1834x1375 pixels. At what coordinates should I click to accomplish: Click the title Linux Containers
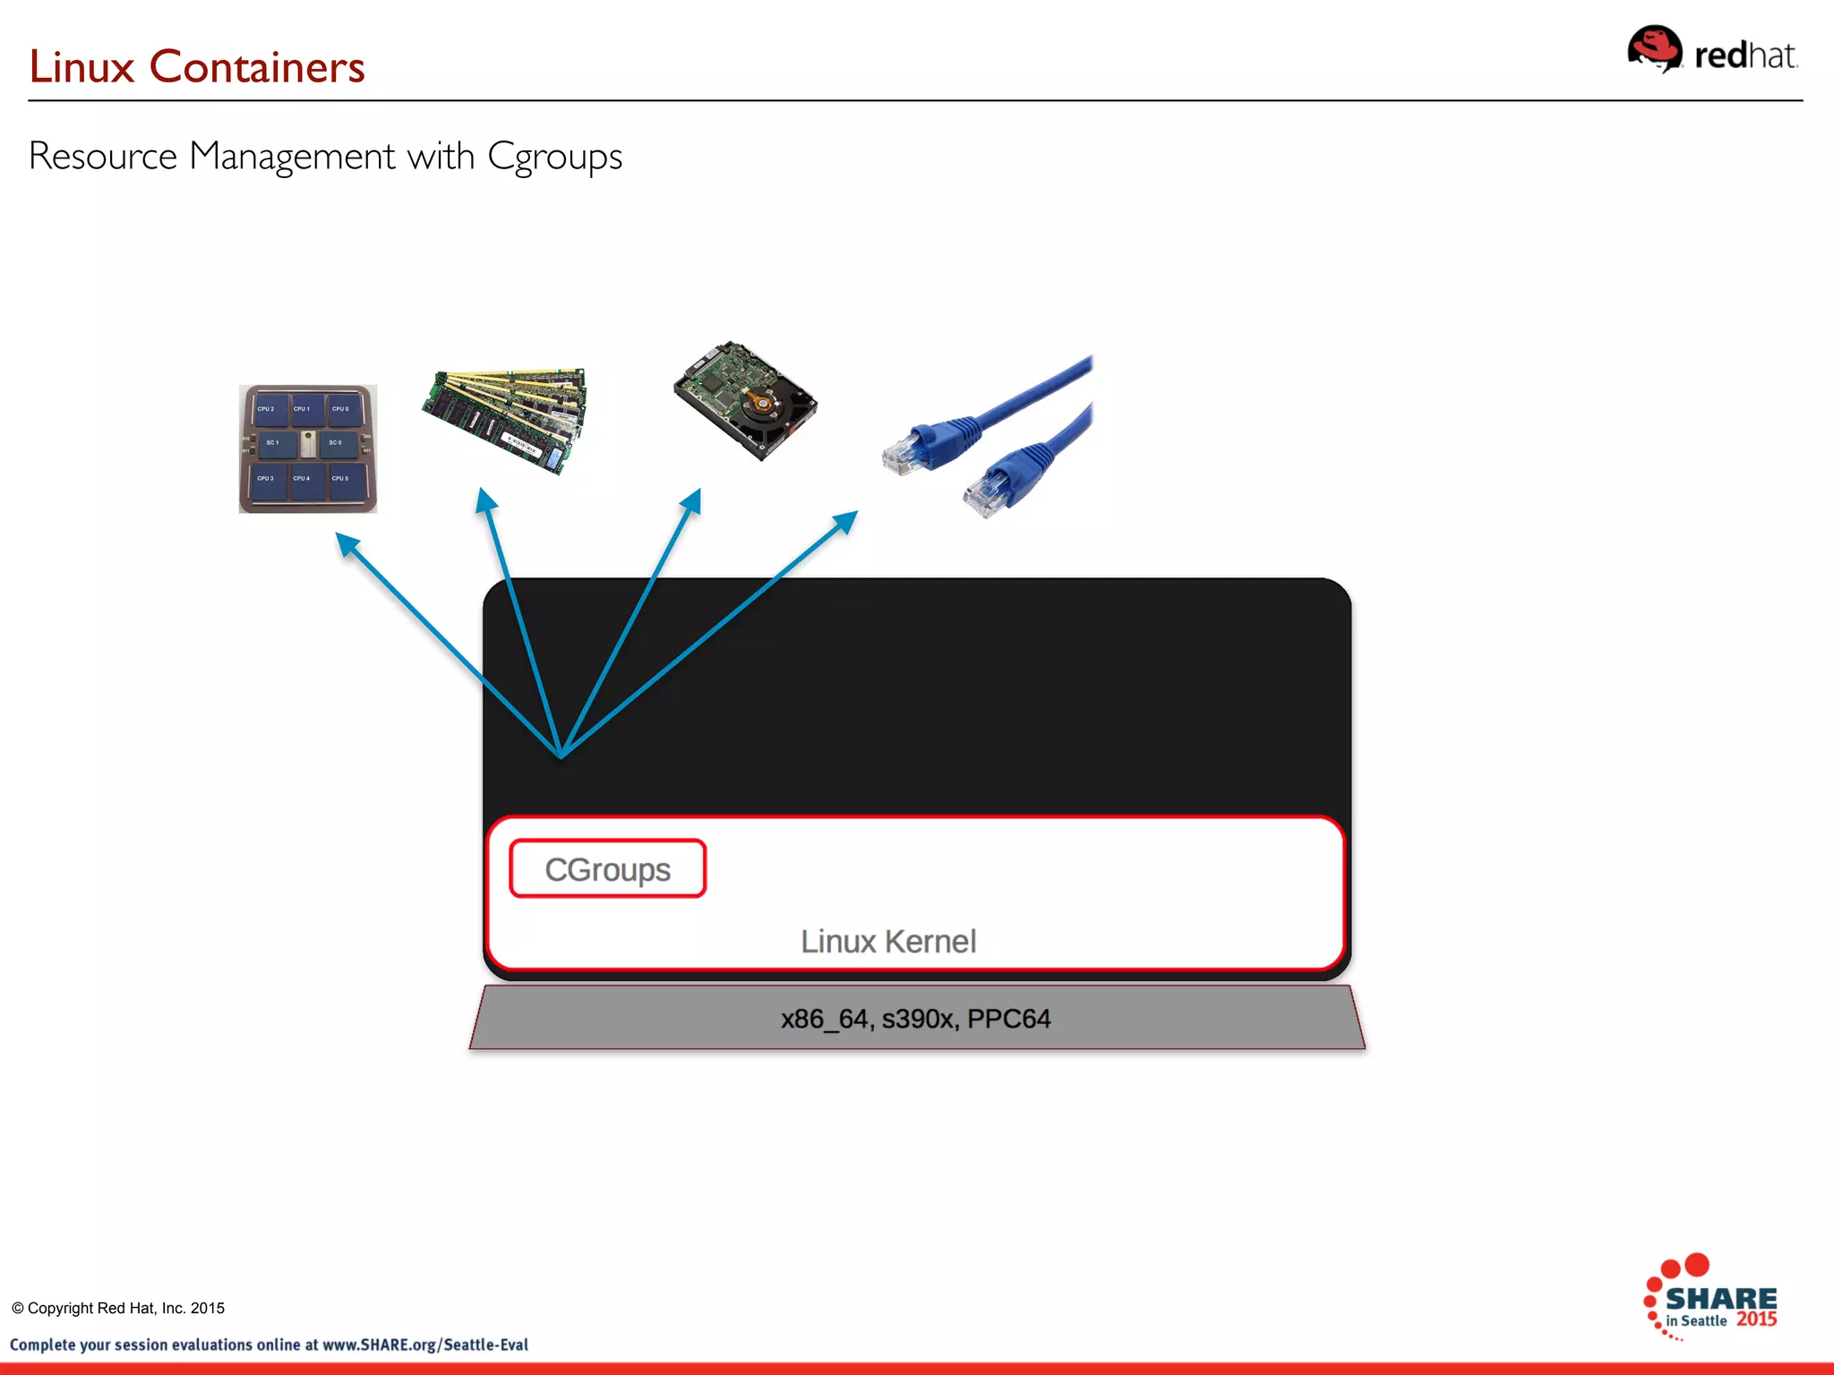[x=197, y=67]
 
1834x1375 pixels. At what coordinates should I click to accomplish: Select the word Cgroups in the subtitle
[x=554, y=157]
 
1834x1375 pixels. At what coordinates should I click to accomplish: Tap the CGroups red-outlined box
[x=608, y=868]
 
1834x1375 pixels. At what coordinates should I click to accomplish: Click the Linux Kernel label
[x=887, y=942]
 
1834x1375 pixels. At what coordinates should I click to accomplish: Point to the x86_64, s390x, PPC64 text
[x=915, y=1019]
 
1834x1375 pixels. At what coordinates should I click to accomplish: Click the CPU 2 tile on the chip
[x=266, y=409]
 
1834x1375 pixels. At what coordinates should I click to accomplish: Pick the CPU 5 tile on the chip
[x=341, y=479]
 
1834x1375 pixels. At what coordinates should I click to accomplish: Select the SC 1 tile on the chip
[x=272, y=443]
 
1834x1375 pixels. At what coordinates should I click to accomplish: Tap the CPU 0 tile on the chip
[x=341, y=409]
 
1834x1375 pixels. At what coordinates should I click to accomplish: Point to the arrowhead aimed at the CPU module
[x=347, y=543]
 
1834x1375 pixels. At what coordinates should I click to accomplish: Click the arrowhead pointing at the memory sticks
[x=485, y=500]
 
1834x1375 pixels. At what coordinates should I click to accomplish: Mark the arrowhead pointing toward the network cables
[x=845, y=521]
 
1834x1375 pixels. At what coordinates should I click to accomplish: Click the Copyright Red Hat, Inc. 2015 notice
[x=118, y=1308]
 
